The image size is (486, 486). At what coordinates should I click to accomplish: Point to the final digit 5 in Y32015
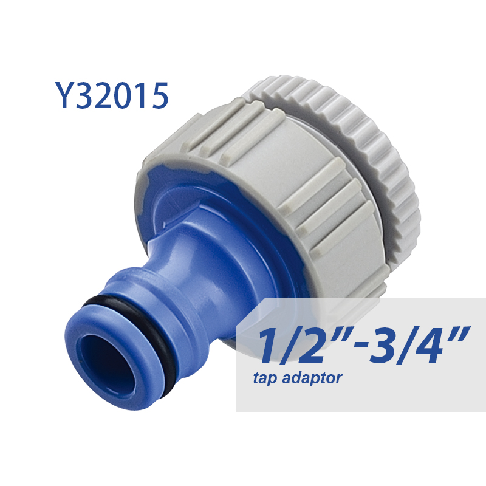[x=157, y=95]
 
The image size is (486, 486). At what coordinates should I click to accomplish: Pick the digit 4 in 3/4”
[x=436, y=344]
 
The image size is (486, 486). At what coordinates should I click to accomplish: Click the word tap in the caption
[x=265, y=379]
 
